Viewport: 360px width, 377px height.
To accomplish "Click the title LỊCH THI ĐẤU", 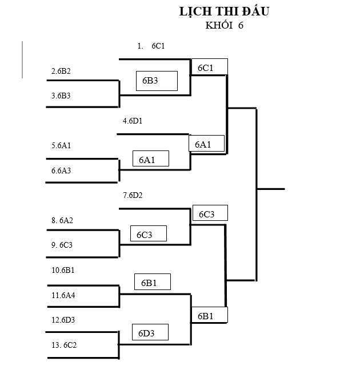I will (224, 11).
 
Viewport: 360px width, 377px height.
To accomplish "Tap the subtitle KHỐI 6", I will (224, 25).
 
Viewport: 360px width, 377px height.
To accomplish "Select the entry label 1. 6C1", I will (151, 46).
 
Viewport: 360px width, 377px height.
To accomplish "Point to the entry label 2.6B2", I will (61, 71).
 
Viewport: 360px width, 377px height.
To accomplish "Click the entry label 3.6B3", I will (61, 96).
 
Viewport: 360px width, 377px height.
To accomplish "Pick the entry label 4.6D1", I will (133, 121).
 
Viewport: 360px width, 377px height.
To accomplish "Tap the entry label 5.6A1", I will (61, 146).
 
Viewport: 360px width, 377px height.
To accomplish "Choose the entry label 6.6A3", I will (61, 170).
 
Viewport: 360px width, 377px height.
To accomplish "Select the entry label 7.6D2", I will (133, 196).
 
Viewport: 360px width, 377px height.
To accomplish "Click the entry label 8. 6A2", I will (62, 220).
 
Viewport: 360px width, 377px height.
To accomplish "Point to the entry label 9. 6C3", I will (62, 245).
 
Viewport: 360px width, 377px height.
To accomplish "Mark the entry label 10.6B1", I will (63, 270).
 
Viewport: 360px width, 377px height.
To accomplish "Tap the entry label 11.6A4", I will (63, 295).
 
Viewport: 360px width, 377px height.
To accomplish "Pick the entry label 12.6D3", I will (63, 320).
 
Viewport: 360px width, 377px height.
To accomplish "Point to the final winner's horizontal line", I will (270, 188).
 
